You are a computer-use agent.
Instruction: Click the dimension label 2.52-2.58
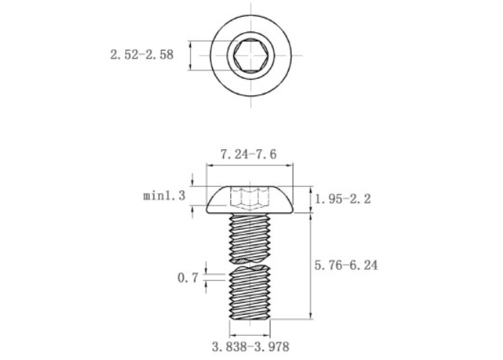pos(142,55)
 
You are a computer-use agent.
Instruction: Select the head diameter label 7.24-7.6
pos(249,154)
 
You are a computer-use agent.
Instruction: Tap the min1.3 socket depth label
pos(164,195)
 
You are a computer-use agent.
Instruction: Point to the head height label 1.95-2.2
pos(343,199)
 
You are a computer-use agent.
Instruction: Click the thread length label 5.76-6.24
pos(346,266)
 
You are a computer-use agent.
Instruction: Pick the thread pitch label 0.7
pos(188,277)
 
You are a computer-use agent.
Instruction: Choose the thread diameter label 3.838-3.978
pos(251,347)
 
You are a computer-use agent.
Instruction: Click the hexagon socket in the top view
pos(251,55)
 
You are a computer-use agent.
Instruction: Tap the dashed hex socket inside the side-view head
pos(249,198)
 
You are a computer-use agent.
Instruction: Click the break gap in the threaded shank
pos(249,263)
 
